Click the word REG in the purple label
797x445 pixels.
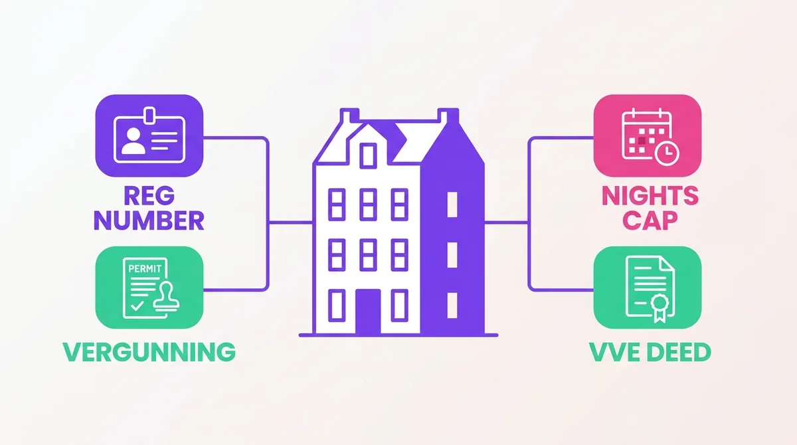(149, 196)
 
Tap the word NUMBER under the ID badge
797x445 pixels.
(149, 221)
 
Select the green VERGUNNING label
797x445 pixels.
(149, 352)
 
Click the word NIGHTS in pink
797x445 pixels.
(650, 196)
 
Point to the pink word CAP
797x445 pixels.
(650, 221)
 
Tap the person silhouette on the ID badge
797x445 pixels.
(133, 141)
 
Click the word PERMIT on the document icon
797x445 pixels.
(145, 268)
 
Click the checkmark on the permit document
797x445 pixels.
(137, 306)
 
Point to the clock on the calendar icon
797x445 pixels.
(667, 153)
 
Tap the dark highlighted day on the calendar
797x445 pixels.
(642, 141)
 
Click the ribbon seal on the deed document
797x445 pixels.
(660, 308)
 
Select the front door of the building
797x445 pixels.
(368, 312)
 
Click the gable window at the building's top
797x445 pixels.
(368, 155)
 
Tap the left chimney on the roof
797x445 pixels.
(350, 116)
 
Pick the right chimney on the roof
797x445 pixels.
(448, 116)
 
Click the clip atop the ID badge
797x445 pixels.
(149, 115)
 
